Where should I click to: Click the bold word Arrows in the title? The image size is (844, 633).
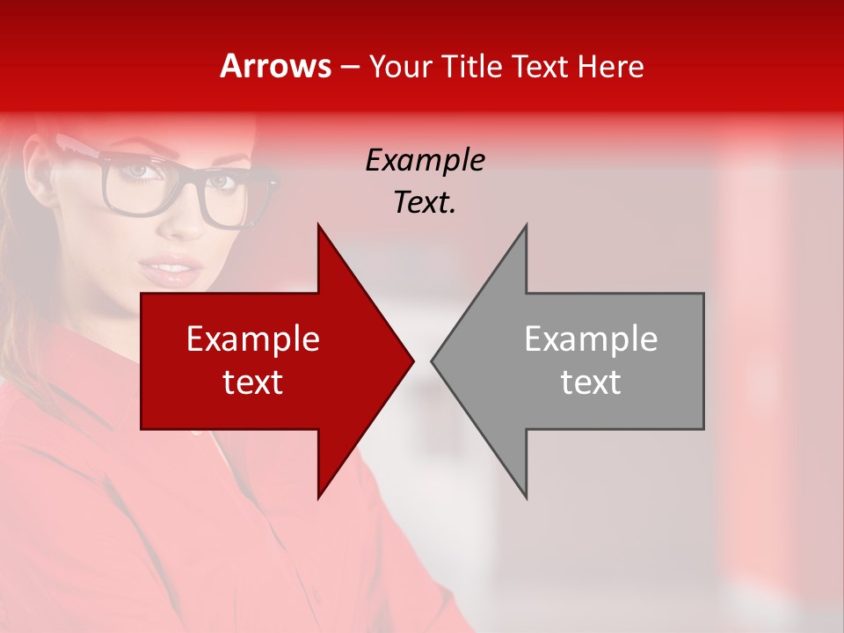tap(275, 66)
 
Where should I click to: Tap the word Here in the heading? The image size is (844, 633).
tap(609, 67)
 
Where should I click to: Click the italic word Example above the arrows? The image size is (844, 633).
tap(425, 160)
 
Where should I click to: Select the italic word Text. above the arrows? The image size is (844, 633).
tap(425, 203)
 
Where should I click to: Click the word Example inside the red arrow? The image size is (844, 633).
tap(253, 338)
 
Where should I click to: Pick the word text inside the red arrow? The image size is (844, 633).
tap(253, 382)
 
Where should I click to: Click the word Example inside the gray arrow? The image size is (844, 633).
tap(591, 338)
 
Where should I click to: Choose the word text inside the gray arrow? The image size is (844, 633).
tap(591, 382)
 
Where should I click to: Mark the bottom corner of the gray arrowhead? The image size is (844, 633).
tap(526, 497)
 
